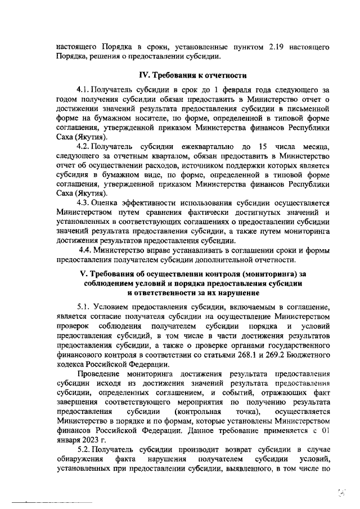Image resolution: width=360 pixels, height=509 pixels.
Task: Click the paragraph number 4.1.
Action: tap(83, 89)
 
